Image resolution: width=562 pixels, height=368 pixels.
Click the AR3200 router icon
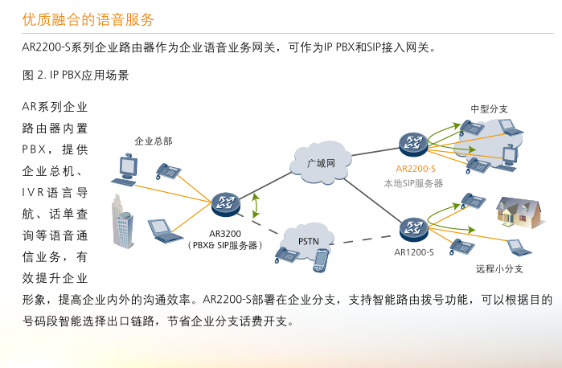(x=225, y=204)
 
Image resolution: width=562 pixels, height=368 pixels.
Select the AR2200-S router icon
(x=413, y=144)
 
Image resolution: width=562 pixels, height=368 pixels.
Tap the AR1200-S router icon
(x=413, y=229)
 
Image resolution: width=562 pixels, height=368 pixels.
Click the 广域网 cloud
(x=321, y=163)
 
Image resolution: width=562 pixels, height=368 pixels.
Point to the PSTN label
(x=308, y=241)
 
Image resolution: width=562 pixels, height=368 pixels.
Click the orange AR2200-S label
(x=416, y=169)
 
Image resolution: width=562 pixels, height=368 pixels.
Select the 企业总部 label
(x=154, y=141)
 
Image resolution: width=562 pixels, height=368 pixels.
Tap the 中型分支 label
(x=490, y=109)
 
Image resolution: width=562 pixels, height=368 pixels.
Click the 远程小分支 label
(x=499, y=268)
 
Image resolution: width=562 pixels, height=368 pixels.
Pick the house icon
(x=519, y=212)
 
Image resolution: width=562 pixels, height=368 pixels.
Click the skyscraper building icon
(x=123, y=221)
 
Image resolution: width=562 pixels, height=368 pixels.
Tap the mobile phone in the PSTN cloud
(x=321, y=260)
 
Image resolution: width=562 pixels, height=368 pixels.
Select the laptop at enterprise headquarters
(x=165, y=231)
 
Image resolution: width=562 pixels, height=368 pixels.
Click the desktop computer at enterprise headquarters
(x=125, y=170)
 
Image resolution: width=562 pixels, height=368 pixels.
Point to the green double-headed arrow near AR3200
(x=256, y=206)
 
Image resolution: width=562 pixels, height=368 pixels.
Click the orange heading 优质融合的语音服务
(x=88, y=19)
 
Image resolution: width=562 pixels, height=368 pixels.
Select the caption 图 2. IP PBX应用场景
(x=76, y=75)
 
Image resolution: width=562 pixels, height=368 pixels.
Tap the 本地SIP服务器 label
(x=413, y=183)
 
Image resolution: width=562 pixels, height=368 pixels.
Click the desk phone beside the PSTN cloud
(x=287, y=255)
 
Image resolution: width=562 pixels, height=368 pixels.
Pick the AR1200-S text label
(x=414, y=252)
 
